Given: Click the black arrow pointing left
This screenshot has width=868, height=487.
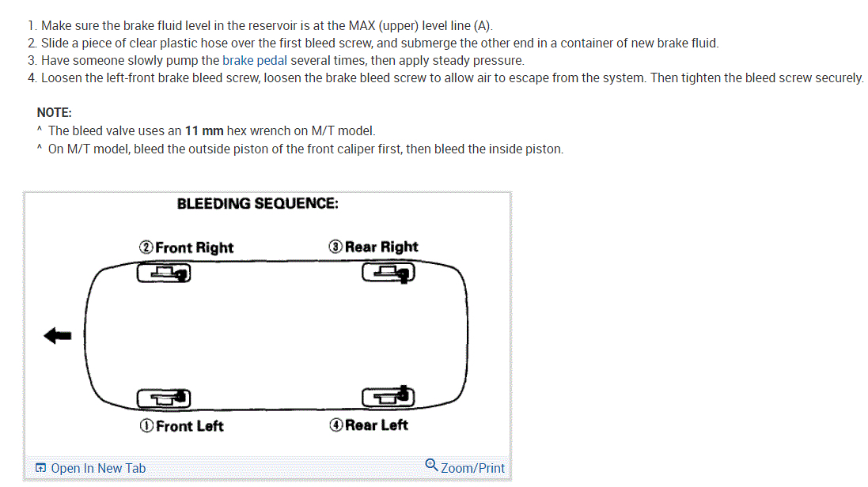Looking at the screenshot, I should tap(58, 336).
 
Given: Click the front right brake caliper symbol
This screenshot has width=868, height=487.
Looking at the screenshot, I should tap(165, 274).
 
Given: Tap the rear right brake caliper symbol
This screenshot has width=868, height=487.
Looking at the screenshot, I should tap(388, 274).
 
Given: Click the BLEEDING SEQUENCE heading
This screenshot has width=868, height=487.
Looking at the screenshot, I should tap(258, 204).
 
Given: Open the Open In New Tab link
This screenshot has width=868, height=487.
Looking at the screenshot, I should tap(97, 468).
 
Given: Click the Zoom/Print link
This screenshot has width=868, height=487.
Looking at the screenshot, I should tap(472, 468).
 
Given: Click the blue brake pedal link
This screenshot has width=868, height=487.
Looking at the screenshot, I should tap(254, 60).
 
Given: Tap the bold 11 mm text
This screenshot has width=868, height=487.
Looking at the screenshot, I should tap(204, 130).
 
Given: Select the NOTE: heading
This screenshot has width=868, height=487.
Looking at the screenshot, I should tap(55, 112).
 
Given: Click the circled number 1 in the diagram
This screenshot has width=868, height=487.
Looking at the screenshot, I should tap(146, 426).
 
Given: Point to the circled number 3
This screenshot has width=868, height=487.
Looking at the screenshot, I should tap(335, 247).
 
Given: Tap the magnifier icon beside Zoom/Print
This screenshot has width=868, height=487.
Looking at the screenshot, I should tap(431, 465).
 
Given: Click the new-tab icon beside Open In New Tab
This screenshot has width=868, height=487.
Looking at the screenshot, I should tap(40, 468).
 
